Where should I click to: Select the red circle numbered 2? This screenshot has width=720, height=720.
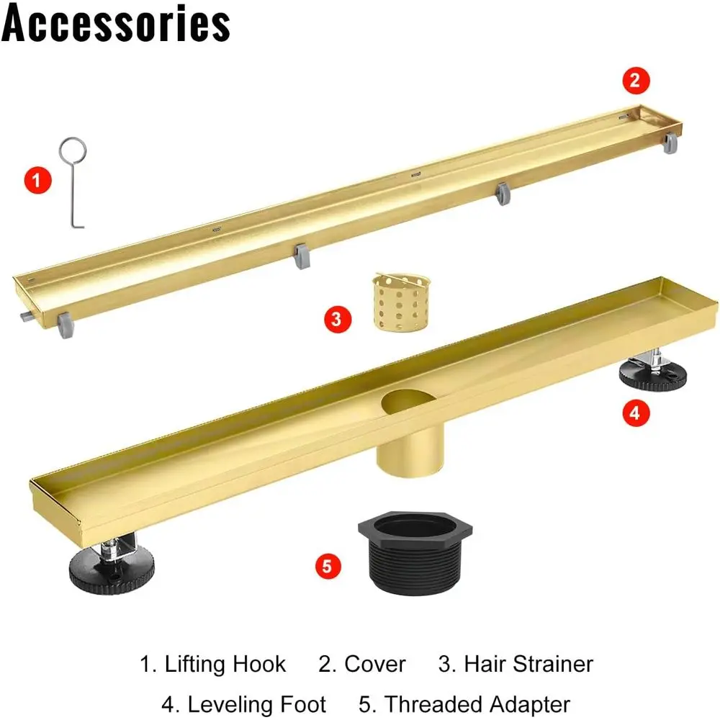635,81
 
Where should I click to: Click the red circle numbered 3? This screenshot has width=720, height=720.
338,319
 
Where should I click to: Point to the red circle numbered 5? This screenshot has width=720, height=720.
328,565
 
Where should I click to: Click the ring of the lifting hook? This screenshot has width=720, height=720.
73,151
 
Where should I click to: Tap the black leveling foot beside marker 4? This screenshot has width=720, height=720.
654,374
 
